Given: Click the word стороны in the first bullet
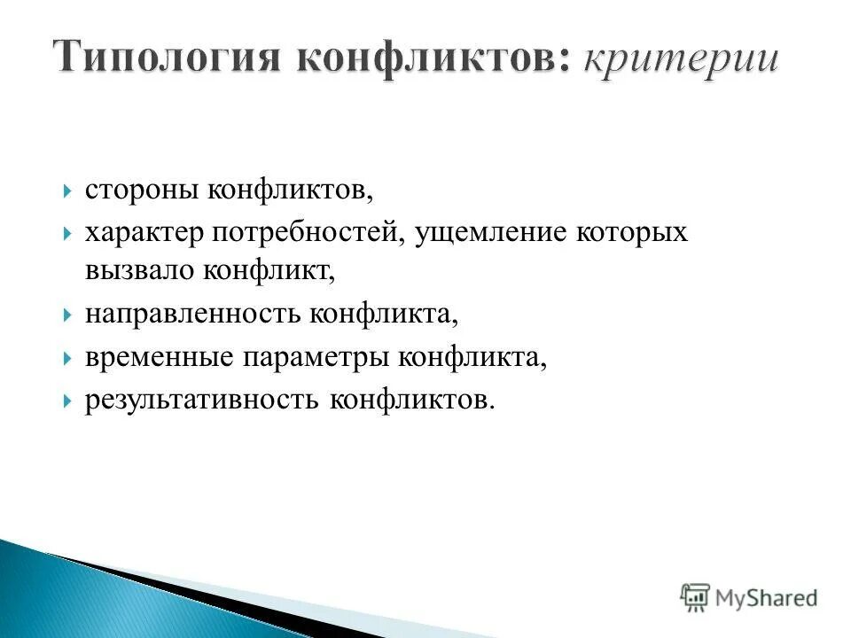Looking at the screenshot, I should click(x=142, y=191).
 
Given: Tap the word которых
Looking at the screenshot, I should click(x=632, y=232).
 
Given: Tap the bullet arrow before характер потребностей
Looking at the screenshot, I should click(x=68, y=233).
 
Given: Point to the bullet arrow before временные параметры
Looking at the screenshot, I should click(x=68, y=357).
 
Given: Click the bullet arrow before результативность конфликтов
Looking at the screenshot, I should click(x=68, y=401).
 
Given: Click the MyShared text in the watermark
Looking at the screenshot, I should click(x=768, y=597).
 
